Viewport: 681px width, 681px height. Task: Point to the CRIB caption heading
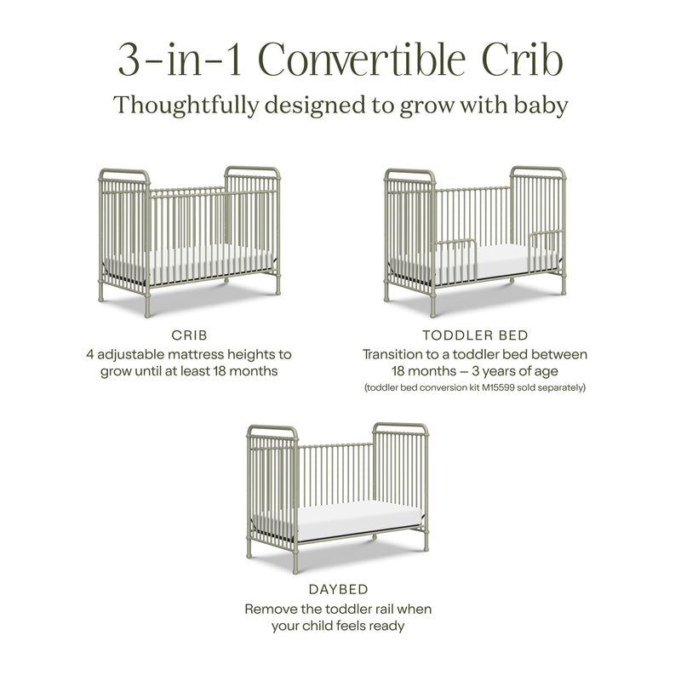pos(190,335)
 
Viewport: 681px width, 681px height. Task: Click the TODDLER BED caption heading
pos(475,335)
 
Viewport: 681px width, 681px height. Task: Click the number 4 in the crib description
pos(89,353)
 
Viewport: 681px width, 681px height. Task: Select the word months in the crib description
pos(260,371)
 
